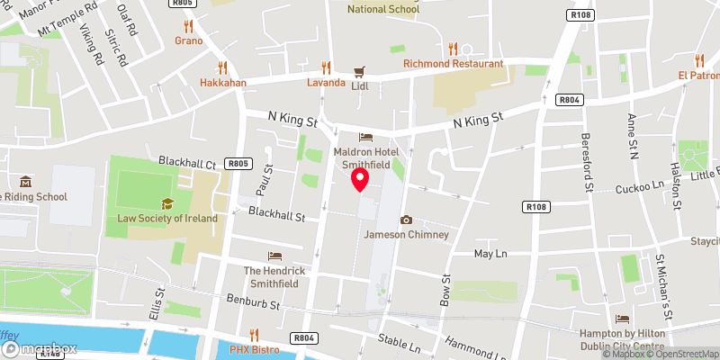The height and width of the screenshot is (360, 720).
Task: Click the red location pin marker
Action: (360, 179)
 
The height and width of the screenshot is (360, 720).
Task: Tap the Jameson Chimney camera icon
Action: (406, 220)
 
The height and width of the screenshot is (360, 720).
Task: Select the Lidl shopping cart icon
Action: (359, 71)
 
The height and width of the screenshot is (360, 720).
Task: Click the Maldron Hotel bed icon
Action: (365, 138)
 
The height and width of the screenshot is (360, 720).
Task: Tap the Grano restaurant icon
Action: (188, 26)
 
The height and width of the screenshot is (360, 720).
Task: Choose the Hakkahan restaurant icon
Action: (222, 67)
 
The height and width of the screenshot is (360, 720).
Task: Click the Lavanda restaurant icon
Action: (326, 67)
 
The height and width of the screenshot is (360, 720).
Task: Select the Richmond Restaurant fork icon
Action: (453, 49)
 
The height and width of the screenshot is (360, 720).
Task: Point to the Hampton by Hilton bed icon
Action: (622, 319)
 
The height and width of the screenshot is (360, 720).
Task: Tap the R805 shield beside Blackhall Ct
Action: (238, 163)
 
